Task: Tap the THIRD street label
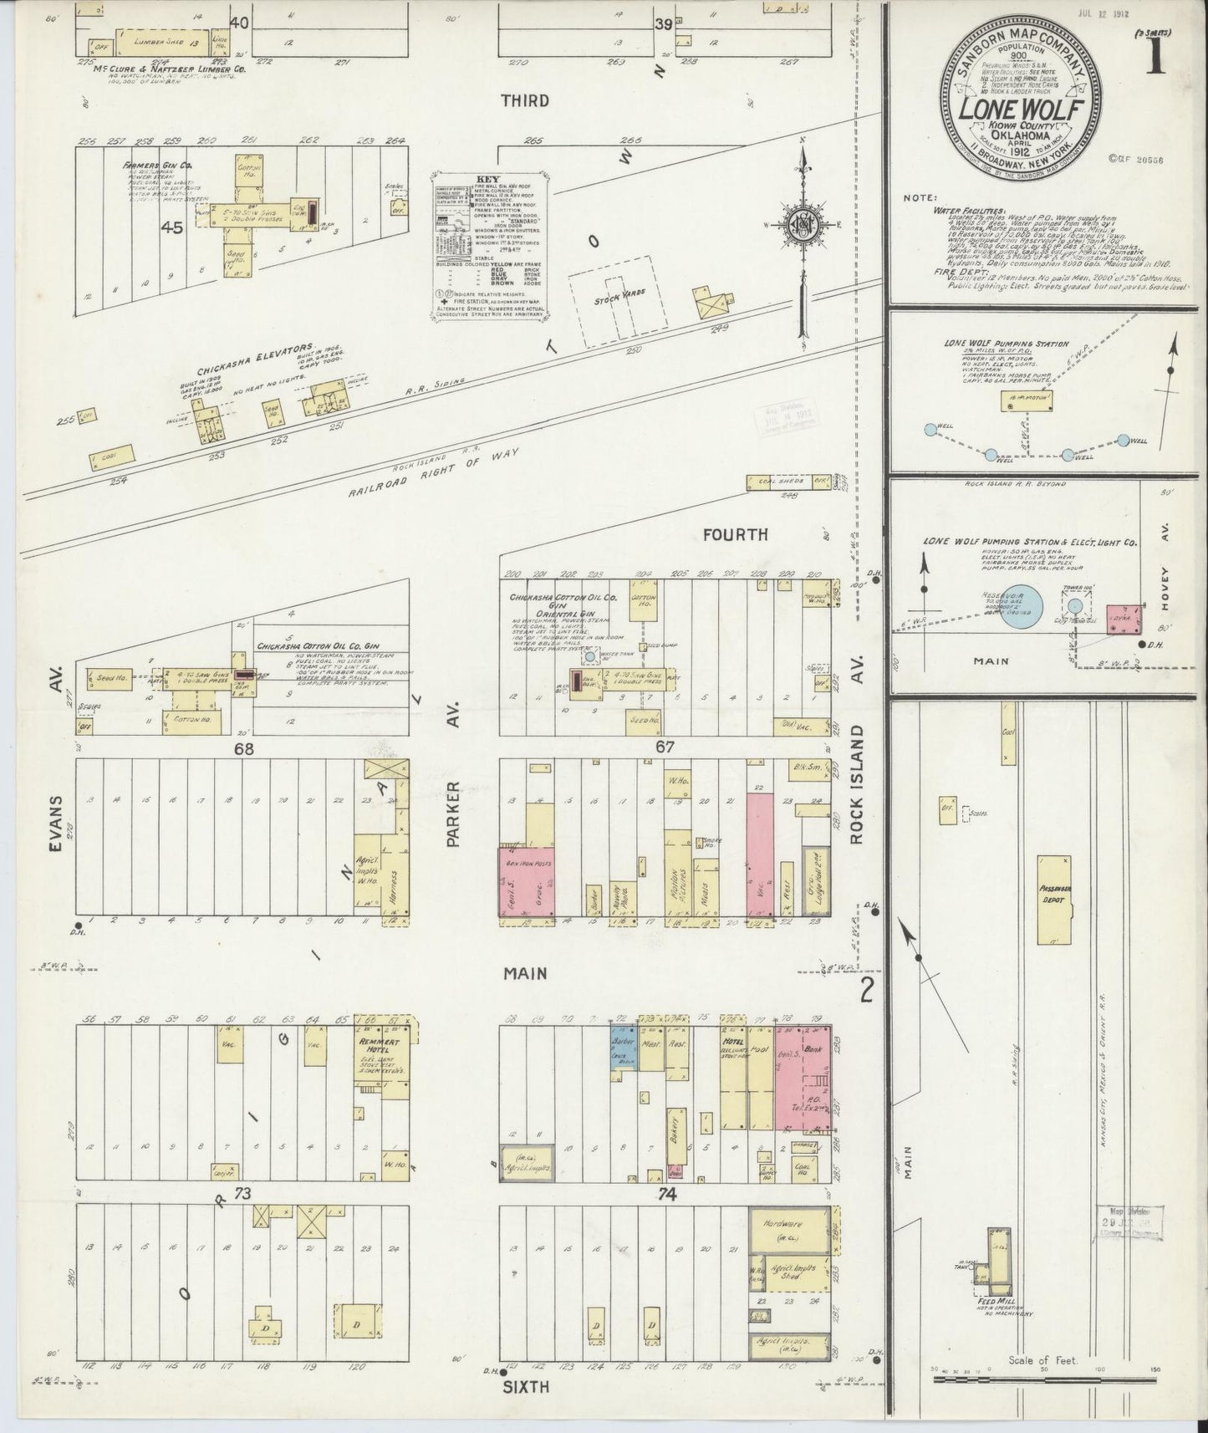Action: click(x=525, y=100)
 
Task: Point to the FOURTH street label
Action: click(x=736, y=534)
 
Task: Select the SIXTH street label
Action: click(x=526, y=1386)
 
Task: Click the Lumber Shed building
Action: click(x=159, y=40)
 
